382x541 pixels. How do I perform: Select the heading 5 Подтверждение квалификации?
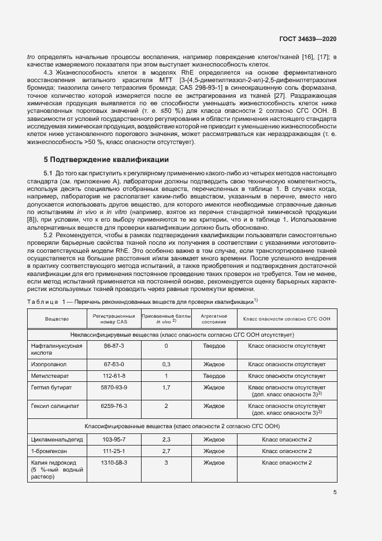[x=106, y=159]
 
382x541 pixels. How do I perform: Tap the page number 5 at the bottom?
[x=335, y=492]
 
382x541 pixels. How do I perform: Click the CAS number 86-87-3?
[x=114, y=345]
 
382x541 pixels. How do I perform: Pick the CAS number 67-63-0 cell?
[x=114, y=365]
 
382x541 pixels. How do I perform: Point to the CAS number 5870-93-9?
[x=114, y=387]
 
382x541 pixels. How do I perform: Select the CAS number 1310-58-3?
[x=114, y=463]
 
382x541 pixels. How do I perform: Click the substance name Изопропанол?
[x=49, y=365]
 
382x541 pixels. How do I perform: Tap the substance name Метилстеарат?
[x=50, y=376]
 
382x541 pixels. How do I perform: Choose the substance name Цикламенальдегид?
[x=56, y=440]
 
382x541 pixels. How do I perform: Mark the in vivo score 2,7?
[x=166, y=451]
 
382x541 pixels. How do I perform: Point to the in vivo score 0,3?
[x=166, y=365]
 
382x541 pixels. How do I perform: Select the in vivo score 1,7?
[x=166, y=387]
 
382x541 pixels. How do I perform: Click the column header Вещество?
[x=57, y=319]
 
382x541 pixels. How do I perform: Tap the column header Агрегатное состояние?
[x=214, y=319]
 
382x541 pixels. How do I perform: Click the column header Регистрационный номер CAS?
[x=114, y=319]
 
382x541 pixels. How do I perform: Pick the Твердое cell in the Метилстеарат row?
[x=214, y=376]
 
